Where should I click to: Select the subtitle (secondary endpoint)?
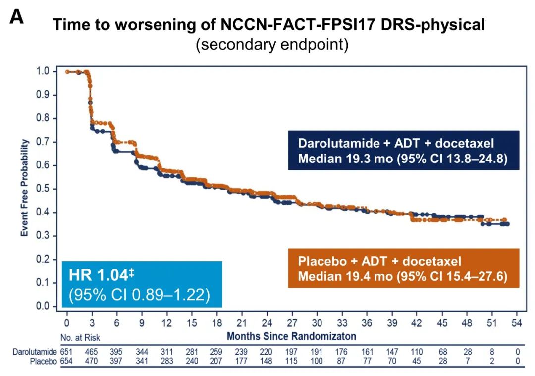click(272, 45)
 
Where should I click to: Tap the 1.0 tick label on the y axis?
click(44, 71)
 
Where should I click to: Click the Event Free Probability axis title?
click(24, 188)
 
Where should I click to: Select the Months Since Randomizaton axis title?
click(291, 337)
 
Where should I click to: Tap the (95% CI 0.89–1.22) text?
click(139, 295)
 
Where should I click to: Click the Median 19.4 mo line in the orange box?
click(402, 276)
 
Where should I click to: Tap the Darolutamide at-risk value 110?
click(417, 352)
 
